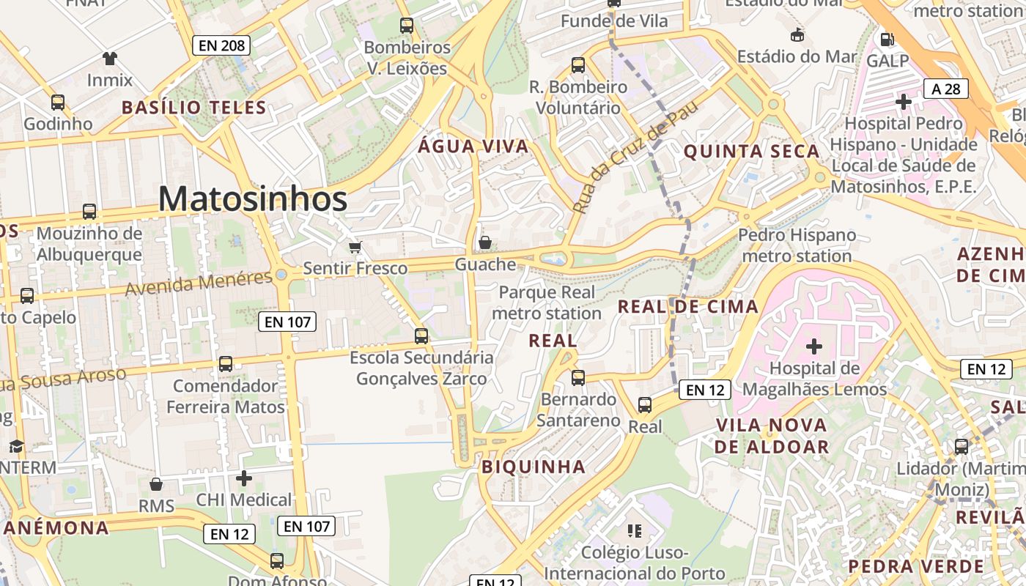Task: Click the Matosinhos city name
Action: click(253, 199)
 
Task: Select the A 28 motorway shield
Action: click(946, 89)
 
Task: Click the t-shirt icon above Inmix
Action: click(110, 59)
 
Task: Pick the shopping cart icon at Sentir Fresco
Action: click(355, 247)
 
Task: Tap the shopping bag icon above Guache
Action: click(485, 242)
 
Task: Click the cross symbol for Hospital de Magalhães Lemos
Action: click(813, 346)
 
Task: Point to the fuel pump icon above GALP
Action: click(887, 39)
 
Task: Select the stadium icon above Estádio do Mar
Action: click(797, 34)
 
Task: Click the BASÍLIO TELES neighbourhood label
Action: click(193, 108)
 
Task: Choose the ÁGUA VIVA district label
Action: click(473, 146)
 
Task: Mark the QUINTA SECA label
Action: click(751, 152)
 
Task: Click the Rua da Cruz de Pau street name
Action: click(635, 157)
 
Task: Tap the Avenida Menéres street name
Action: click(199, 283)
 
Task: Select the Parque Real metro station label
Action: click(547, 303)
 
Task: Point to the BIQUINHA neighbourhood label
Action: click(534, 467)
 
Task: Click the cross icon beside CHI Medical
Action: click(244, 478)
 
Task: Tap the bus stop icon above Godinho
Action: click(58, 103)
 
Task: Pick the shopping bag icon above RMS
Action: click(156, 484)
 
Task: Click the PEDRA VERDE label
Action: click(916, 566)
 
